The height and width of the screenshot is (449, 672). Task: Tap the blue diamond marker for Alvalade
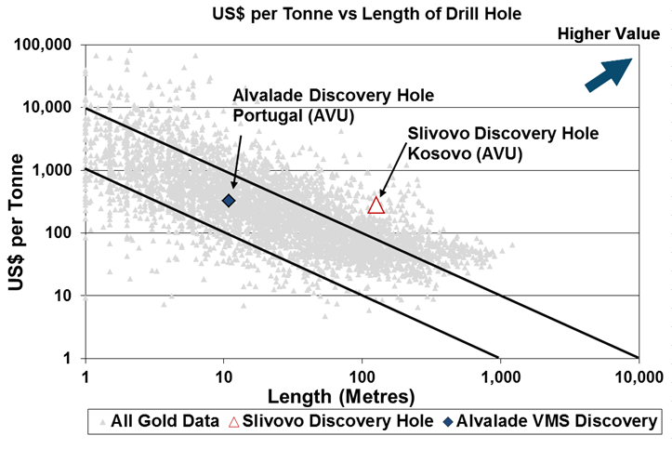228,200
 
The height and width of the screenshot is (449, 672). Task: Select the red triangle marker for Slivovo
376,205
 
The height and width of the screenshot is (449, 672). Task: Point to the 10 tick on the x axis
223,375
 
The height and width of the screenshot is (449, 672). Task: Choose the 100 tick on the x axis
361,375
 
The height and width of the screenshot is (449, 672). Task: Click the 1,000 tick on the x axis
498,375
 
